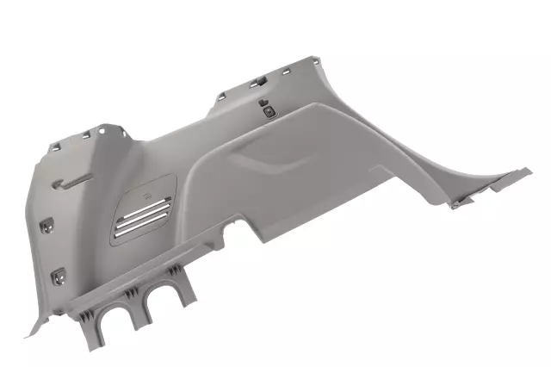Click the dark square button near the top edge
269,109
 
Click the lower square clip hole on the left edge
59,276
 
